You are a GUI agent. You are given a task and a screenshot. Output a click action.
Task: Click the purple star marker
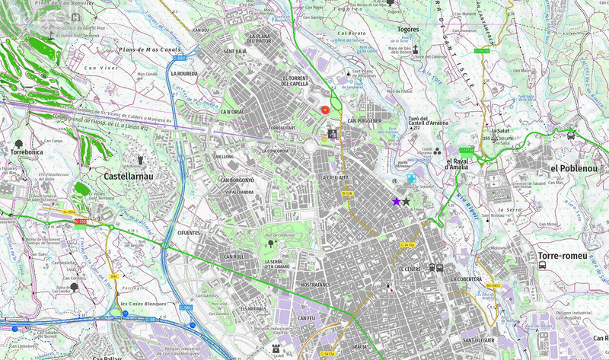pyautogui.click(x=396, y=201)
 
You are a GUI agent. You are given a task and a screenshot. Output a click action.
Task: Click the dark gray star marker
pyautogui.click(x=406, y=202)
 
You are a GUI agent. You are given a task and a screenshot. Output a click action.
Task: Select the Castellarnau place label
pyautogui.click(x=127, y=176)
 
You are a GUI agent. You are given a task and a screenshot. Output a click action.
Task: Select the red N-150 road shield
pyautogui.click(x=80, y=221)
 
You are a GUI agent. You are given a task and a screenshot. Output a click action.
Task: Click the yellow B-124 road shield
pyautogui.click(x=347, y=194)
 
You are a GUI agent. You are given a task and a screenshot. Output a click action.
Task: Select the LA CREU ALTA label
pyautogui.click(x=333, y=177)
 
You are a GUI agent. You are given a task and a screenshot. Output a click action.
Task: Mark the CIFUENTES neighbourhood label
pyautogui.click(x=188, y=233)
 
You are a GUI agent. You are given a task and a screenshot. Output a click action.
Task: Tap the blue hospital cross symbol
pyautogui.click(x=411, y=178)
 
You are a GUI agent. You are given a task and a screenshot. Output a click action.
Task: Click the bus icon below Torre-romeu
pyautogui.click(x=542, y=265)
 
